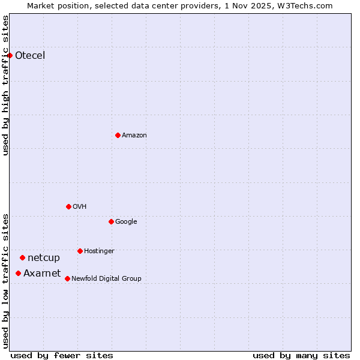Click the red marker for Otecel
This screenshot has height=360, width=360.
coord(10,56)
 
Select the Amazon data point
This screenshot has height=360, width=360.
coord(118,135)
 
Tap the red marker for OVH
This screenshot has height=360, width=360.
coord(68,206)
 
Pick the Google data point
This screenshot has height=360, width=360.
coord(111,221)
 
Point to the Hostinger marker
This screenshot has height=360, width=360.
coord(80,251)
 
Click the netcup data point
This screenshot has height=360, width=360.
coord(22,257)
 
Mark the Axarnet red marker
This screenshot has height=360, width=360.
coord(18,273)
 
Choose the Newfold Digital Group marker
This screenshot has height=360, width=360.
coord(67,278)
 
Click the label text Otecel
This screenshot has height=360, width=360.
coord(30,56)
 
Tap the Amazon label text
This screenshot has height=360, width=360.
coord(134,135)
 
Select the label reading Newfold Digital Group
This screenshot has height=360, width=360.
coord(106,278)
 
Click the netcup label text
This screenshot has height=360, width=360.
coord(44,258)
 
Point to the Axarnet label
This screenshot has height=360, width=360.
coord(42,274)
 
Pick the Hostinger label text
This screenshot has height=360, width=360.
coord(99,251)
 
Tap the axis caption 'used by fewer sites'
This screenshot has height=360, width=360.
coord(62,355)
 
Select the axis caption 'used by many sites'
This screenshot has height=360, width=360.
coord(301,355)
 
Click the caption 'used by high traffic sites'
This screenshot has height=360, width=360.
coord(6,85)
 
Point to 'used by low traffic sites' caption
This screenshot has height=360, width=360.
coord(6,281)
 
